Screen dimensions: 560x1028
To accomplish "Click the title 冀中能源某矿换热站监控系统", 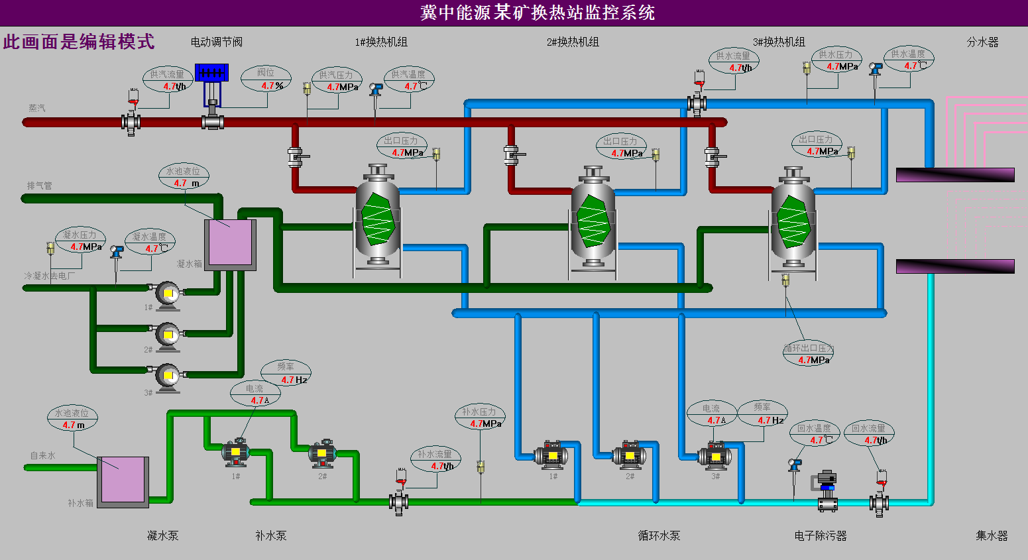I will point(538,13).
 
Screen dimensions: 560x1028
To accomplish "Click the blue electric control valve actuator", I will point(211,73).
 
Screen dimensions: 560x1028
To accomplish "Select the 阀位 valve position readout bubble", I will point(266,79).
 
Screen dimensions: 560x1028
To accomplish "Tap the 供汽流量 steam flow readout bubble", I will point(168,80).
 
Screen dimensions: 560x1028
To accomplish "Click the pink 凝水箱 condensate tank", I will point(230,243).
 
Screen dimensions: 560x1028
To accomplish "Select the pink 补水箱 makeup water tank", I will point(123,480).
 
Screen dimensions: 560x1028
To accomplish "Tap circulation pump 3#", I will point(715,456).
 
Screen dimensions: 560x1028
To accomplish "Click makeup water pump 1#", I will point(235,453).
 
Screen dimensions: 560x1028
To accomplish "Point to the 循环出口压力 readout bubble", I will point(808,354).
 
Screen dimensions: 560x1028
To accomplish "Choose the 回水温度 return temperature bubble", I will point(815,434).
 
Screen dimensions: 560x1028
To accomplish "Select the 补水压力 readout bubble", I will point(480,418).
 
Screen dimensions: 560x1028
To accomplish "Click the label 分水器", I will point(982,42).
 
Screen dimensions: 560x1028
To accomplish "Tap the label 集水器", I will point(992,535).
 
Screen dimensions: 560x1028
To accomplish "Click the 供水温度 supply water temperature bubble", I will point(909,60).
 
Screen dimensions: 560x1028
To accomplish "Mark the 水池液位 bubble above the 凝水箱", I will point(184,177).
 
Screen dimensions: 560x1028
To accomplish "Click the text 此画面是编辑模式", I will point(79,42).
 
